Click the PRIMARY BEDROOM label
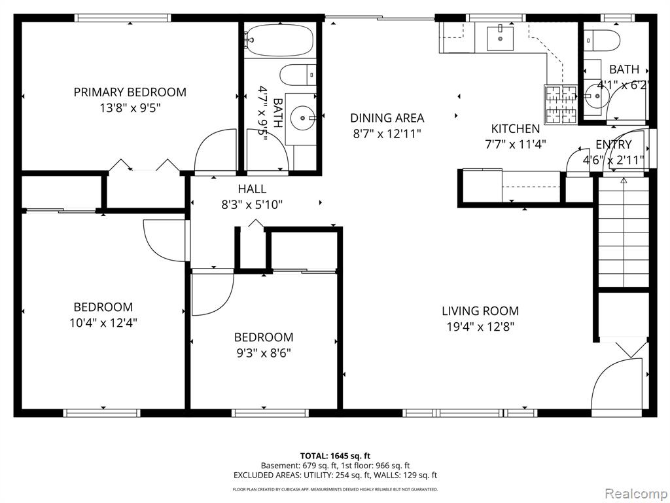(x=130, y=92)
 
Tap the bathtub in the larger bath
(x=281, y=39)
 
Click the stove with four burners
(x=560, y=105)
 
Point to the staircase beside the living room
(x=623, y=233)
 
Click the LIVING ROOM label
(x=480, y=311)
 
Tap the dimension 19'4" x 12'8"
(x=480, y=327)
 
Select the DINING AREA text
(x=387, y=118)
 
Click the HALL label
(x=252, y=189)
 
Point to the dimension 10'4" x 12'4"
(x=103, y=323)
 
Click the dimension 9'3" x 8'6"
(x=264, y=353)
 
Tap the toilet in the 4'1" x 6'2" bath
(x=602, y=40)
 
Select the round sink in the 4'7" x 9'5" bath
(x=303, y=117)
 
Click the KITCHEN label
(x=516, y=129)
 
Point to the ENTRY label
(x=614, y=144)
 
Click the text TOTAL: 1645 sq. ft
(x=335, y=456)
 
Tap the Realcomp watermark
(x=635, y=494)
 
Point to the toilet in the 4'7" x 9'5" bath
(x=298, y=75)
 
